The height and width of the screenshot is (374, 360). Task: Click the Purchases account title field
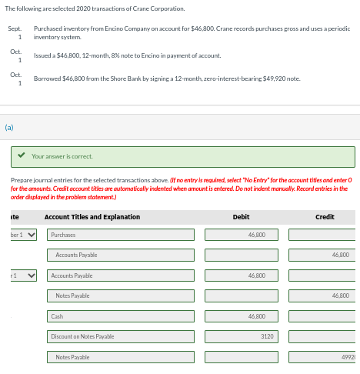pos(119,235)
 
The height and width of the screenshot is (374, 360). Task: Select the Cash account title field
pos(119,316)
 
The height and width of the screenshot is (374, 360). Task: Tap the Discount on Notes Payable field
pos(119,336)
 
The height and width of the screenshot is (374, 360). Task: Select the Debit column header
pos(241,217)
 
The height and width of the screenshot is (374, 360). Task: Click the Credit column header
pos(325,217)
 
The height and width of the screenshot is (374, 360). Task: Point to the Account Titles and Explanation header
pos(92,217)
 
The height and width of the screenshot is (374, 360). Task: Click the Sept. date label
pos(14,28)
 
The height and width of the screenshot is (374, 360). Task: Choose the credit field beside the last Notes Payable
pos(324,357)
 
